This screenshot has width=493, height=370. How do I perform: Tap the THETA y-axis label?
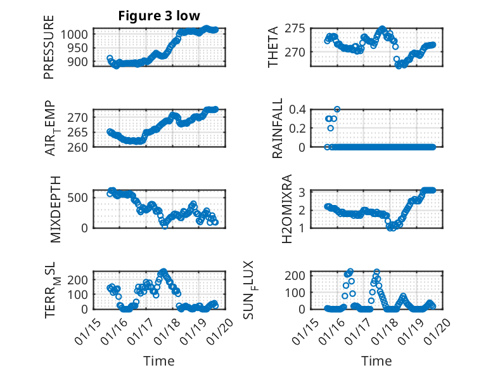[273, 47]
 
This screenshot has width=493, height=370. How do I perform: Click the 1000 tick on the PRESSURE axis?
[80, 34]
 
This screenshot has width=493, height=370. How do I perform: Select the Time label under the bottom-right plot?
[376, 361]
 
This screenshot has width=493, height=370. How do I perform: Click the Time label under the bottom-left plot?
[159, 361]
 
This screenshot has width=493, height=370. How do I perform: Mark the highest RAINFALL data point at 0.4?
[337, 109]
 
